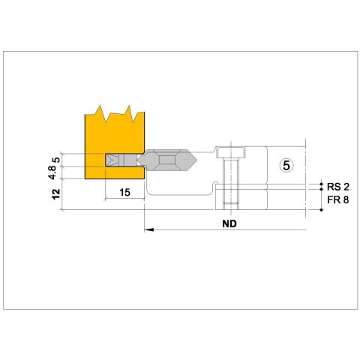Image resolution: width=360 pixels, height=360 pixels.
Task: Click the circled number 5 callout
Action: tap(286, 165)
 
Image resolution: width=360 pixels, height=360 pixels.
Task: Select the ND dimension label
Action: tap(229, 223)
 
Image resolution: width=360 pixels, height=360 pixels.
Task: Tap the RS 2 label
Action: tap(338, 187)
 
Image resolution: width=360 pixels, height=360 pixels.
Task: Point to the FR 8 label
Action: tap(337, 199)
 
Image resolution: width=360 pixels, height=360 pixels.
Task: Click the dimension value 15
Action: tap(124, 192)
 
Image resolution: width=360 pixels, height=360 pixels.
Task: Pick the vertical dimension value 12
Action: tap(57, 194)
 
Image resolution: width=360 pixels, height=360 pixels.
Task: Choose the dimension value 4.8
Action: tap(52, 172)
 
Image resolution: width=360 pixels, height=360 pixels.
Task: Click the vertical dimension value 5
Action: tap(57, 160)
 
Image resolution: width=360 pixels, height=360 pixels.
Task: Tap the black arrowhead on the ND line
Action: tap(149, 229)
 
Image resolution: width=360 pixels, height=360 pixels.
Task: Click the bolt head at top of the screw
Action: tap(230, 152)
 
